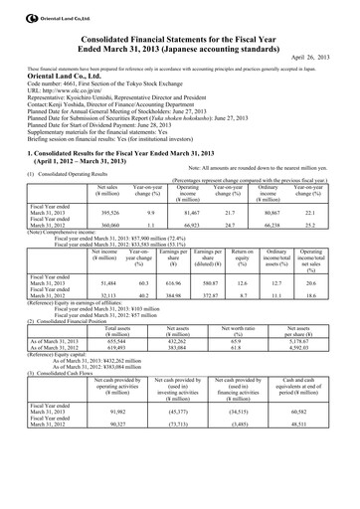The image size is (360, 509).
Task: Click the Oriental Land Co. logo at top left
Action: (x=41, y=9)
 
